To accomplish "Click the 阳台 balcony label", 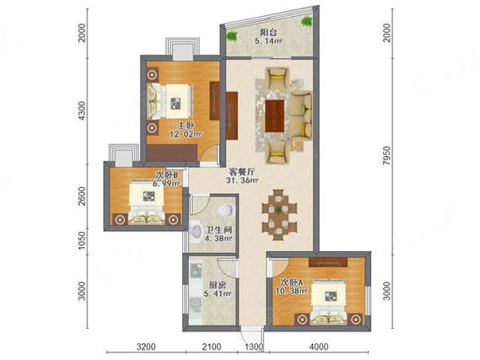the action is coord(268,32).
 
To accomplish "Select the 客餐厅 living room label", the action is coord(242,172).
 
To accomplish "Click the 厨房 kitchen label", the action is coord(217,285).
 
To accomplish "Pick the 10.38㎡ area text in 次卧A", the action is coord(291,291).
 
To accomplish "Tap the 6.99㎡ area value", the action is coord(166,183).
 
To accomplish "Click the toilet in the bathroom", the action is coord(224,210).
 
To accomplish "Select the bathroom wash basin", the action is coord(196,232).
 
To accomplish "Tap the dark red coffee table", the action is coord(275,116).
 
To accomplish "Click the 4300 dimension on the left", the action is coord(82,110).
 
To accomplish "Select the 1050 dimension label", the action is coord(82,240).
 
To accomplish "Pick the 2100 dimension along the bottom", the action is coord(212,347).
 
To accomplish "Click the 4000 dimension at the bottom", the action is coord(319,347).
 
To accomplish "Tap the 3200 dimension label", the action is coord(146,347).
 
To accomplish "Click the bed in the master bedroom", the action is coord(170,101).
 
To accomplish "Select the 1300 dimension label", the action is coord(254,347).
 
